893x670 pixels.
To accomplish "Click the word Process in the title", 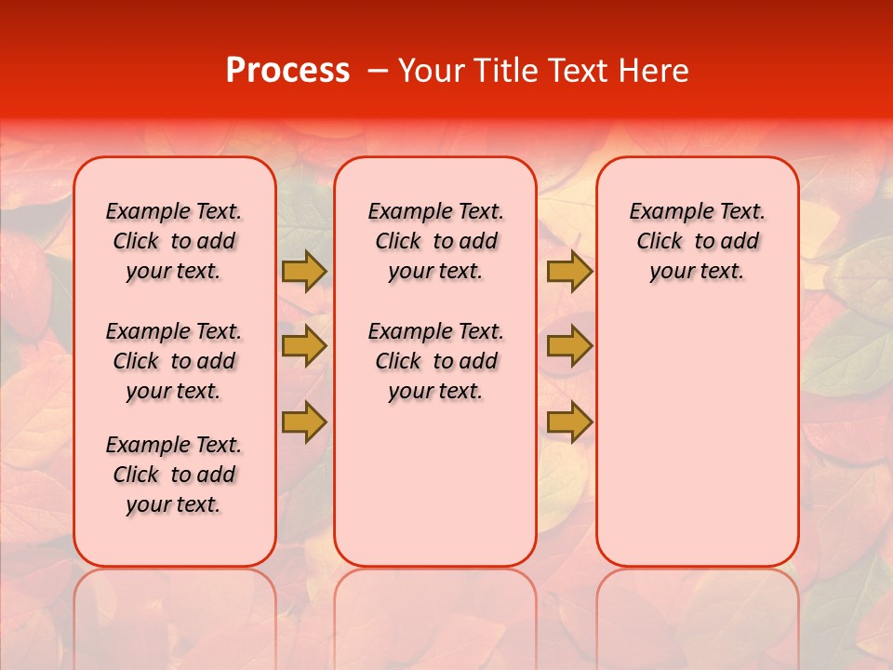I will pos(287,71).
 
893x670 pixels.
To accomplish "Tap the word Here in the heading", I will pos(654,71).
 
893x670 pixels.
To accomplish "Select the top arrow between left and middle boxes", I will pos(304,271).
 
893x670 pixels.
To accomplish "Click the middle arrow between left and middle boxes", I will pos(304,346).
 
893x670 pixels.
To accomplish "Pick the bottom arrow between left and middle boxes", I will pos(304,422).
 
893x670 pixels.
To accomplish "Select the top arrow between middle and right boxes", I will pos(569,271).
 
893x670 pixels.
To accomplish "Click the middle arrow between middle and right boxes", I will pos(569,346).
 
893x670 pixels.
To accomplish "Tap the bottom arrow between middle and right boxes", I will pos(569,422).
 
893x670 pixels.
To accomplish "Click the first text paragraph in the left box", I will pos(174,241).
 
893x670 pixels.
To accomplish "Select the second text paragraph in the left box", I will pos(174,361).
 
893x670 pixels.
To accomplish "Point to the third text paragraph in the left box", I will pos(174,475).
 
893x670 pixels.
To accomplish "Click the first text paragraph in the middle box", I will pos(435,241).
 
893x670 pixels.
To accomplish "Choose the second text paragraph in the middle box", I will pos(435,361).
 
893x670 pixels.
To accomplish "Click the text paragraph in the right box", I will pos(697,241).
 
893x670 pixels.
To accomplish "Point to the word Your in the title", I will pos(433,71).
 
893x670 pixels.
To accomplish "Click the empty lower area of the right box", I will pos(697,437).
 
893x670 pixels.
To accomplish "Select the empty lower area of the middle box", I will pos(435,484).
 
